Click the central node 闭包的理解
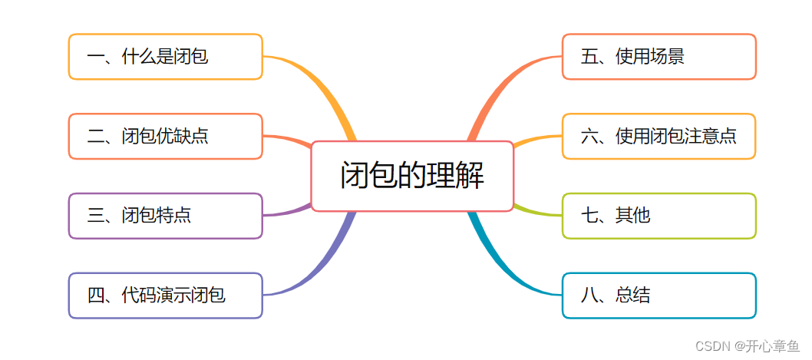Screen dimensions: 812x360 click(x=412, y=177)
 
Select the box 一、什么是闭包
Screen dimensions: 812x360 click(x=165, y=57)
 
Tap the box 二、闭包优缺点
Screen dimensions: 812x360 click(x=165, y=137)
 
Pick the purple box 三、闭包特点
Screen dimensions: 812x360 click(x=165, y=216)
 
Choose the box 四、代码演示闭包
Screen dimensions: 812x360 click(x=165, y=296)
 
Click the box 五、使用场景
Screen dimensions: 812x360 click(x=659, y=57)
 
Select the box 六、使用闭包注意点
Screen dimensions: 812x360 click(x=659, y=137)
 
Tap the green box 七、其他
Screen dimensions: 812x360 click(x=659, y=216)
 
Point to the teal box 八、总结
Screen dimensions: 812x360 click(x=659, y=296)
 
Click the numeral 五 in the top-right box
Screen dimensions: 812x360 click(x=589, y=57)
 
